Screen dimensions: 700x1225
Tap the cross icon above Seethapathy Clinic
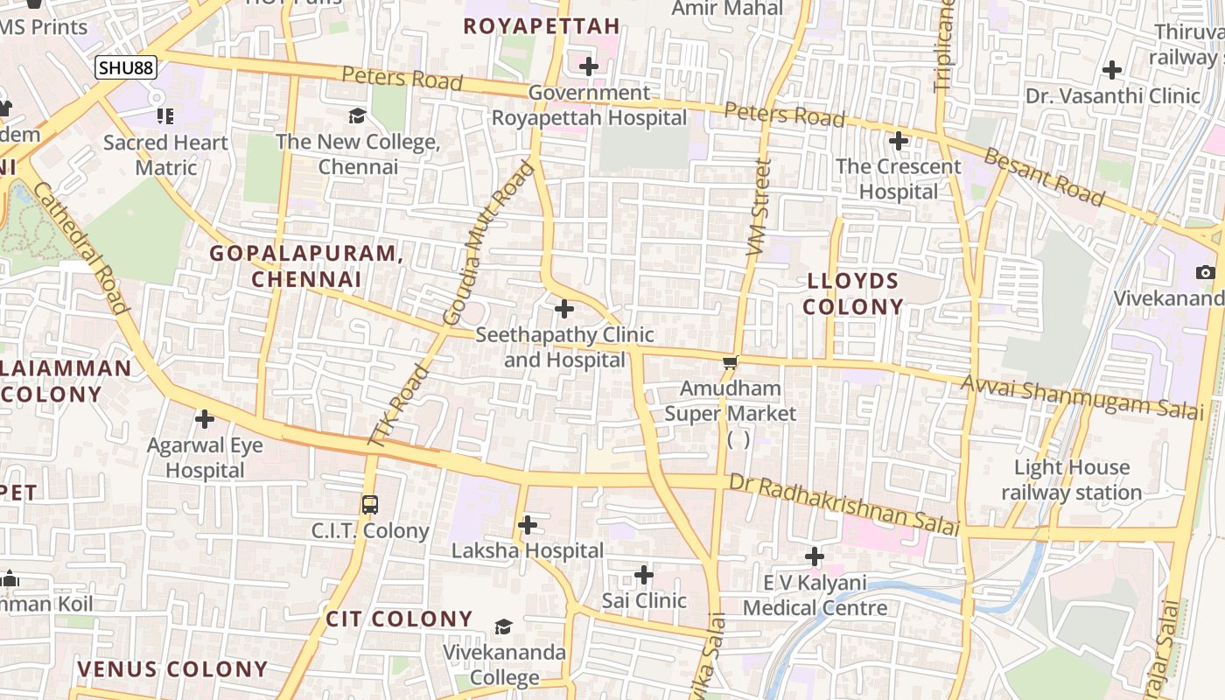coord(564,308)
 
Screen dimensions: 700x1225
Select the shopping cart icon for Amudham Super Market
coord(730,361)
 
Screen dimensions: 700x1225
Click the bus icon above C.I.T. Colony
coord(370,505)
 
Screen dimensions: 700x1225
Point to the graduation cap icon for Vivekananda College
coord(503,626)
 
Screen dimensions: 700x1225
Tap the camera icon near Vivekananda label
coord(1205,273)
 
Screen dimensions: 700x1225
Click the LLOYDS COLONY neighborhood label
coord(853,294)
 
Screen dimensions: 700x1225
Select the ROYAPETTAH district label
coord(542,26)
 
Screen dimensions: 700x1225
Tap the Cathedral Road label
coord(83,241)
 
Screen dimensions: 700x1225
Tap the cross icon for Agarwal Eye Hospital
coord(205,419)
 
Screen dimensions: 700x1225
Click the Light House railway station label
coord(1071,479)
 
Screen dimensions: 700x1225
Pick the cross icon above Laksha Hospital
coord(528,525)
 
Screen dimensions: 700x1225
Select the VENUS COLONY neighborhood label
coord(172,669)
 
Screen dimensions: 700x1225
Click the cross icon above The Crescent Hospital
coord(898,140)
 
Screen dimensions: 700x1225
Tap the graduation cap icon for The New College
coord(357,116)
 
